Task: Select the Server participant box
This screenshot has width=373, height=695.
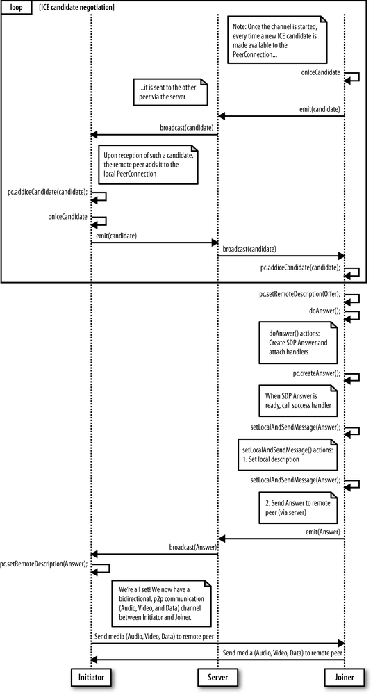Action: pos(218,676)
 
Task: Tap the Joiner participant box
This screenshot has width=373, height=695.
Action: pos(345,676)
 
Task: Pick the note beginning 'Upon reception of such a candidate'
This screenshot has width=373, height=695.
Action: pos(147,164)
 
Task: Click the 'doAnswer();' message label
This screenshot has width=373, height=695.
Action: pos(324,311)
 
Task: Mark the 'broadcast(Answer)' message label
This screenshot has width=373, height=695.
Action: pos(192,548)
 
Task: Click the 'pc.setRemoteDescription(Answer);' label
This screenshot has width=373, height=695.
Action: pos(44,564)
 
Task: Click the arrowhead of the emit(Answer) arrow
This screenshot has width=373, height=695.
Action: pos(222,538)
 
